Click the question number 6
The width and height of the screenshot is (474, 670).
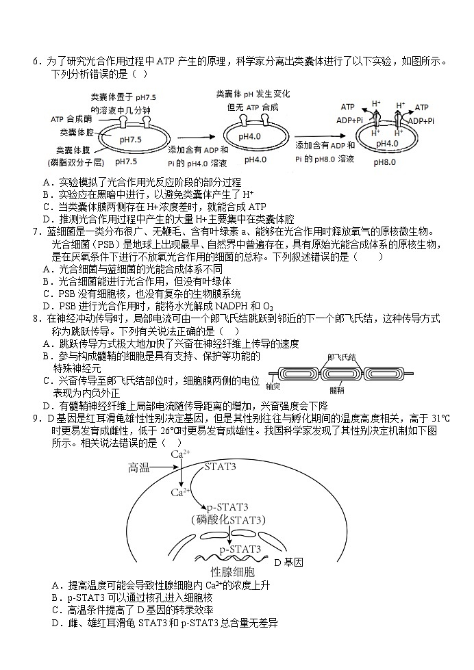[36, 62]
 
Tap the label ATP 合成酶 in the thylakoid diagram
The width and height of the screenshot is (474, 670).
[71, 119]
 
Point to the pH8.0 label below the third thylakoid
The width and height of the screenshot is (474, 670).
[387, 164]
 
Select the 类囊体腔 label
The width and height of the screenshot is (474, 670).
[77, 131]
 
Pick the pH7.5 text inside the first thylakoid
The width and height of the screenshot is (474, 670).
[131, 140]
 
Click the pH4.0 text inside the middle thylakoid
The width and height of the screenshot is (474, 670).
[251, 137]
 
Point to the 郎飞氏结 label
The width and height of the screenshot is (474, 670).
[342, 357]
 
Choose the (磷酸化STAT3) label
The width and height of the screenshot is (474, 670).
[229, 520]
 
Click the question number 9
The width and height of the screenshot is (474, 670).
[36, 419]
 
